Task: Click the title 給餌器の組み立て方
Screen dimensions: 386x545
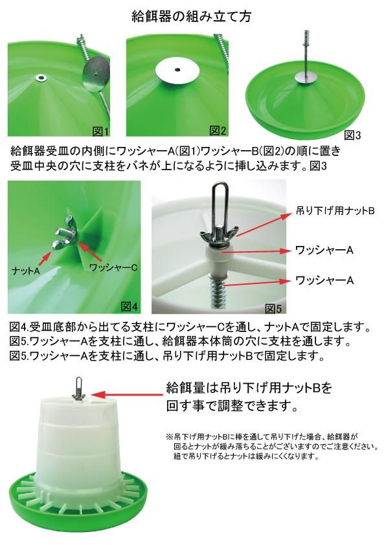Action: click(191, 16)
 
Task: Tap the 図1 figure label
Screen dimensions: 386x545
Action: click(101, 131)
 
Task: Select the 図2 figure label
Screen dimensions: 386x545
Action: click(218, 131)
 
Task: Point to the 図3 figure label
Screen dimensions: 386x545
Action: click(352, 135)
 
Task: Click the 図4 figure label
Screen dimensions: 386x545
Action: click(129, 307)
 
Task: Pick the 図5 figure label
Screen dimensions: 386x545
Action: click(273, 308)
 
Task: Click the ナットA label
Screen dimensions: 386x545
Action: click(26, 270)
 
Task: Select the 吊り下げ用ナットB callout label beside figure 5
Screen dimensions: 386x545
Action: click(335, 210)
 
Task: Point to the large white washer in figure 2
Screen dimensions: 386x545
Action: click(177, 71)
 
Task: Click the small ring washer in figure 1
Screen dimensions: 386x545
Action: click(43, 76)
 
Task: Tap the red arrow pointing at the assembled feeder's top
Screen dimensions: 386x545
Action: click(128, 394)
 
